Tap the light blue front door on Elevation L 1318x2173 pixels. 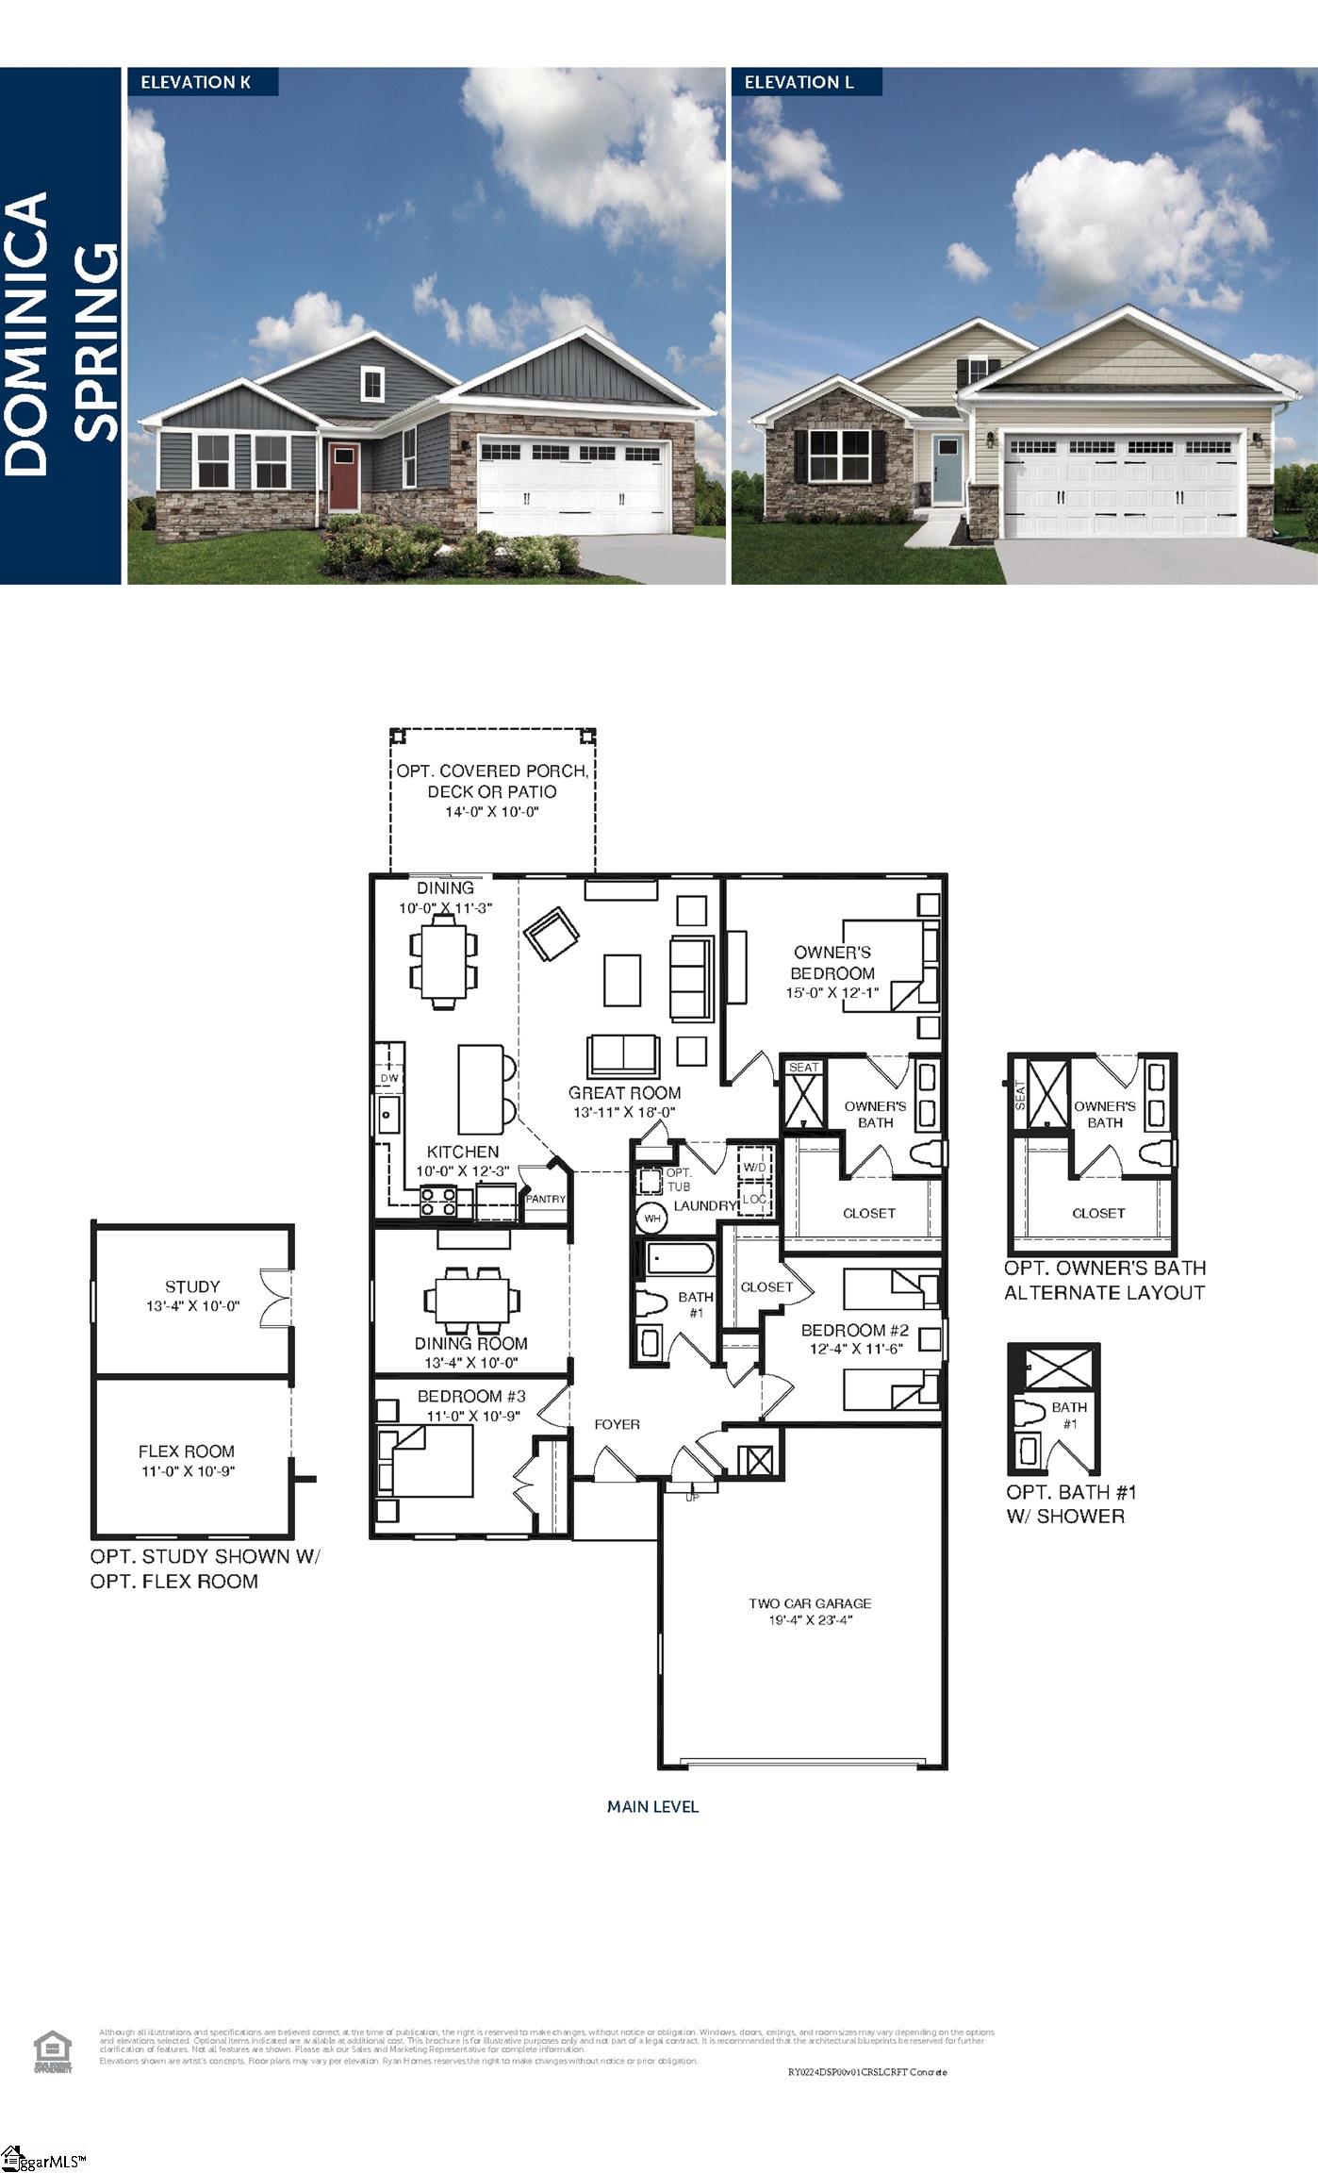pyautogui.click(x=946, y=469)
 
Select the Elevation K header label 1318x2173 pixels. pyautogui.click(x=195, y=82)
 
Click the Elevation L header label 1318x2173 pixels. pyautogui.click(x=799, y=82)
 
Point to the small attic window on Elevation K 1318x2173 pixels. pyautogui.click(x=373, y=383)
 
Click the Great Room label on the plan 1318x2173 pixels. pyautogui.click(x=624, y=1092)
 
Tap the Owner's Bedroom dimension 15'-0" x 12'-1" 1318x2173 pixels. pyautogui.click(x=832, y=992)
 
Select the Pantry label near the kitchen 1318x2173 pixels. pyautogui.click(x=545, y=1199)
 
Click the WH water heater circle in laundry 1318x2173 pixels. pyautogui.click(x=651, y=1218)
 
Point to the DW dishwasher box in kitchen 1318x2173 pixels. pyautogui.click(x=389, y=1078)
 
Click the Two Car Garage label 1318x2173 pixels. pyautogui.click(x=810, y=1603)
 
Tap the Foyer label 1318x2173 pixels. pyautogui.click(x=617, y=1424)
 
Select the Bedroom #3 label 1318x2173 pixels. pyautogui.click(x=471, y=1396)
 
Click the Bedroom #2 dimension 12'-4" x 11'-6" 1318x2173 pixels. pyautogui.click(x=855, y=1349)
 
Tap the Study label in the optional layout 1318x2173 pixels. pyautogui.click(x=192, y=1286)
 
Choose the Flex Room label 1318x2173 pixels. pyautogui.click(x=187, y=1451)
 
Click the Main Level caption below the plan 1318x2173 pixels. pyautogui.click(x=652, y=1807)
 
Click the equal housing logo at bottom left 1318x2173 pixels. pyautogui.click(x=53, y=2051)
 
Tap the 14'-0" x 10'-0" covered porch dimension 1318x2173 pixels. pyautogui.click(x=491, y=812)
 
